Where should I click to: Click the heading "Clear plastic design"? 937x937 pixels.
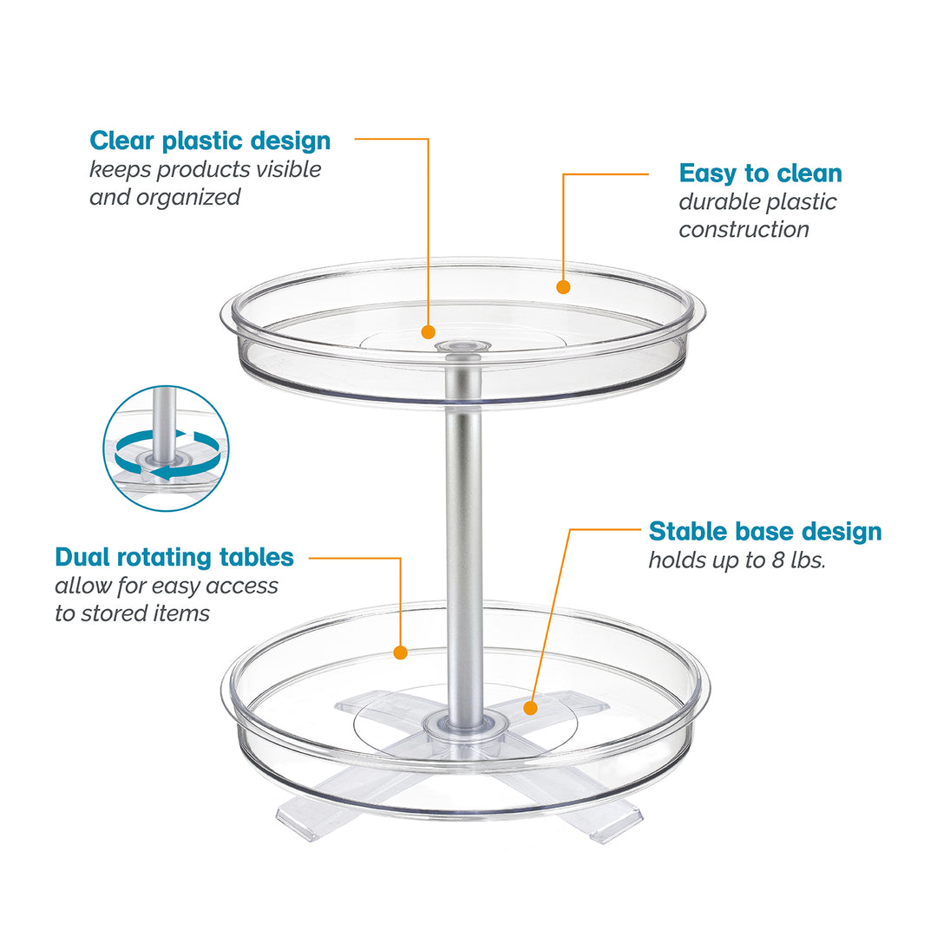click(x=210, y=141)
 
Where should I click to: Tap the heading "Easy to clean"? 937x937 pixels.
click(x=760, y=174)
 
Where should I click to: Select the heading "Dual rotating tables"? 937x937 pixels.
click(x=174, y=557)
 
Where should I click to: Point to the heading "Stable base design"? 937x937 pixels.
click(x=765, y=531)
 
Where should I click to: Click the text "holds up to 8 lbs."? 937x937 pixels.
click(x=737, y=560)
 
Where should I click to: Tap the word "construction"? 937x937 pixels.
click(x=744, y=230)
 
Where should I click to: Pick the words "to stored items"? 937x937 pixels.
click(x=133, y=614)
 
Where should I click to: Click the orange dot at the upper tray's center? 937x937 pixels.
click(x=428, y=331)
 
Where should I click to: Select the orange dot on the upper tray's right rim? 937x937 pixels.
click(x=563, y=286)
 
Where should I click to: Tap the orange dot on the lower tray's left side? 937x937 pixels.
click(x=400, y=652)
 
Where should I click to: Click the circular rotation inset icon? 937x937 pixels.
click(x=166, y=449)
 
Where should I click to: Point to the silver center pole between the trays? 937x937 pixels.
click(x=465, y=521)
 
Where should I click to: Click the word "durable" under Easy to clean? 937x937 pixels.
click(x=715, y=202)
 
